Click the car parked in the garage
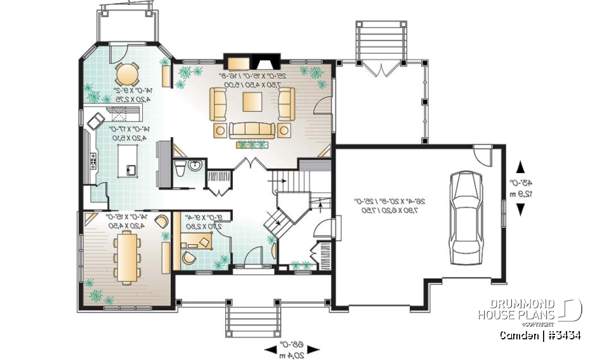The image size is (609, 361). (x=466, y=218)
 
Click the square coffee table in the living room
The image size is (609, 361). (x=252, y=102)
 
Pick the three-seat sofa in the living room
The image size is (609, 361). (x=252, y=130)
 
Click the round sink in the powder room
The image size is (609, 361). (x=195, y=166)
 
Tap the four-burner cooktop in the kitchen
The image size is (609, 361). (x=94, y=161)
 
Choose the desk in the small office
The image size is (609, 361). (x=198, y=240)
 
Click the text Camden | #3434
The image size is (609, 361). (x=539, y=335)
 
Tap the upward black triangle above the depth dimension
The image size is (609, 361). (x=521, y=167)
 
